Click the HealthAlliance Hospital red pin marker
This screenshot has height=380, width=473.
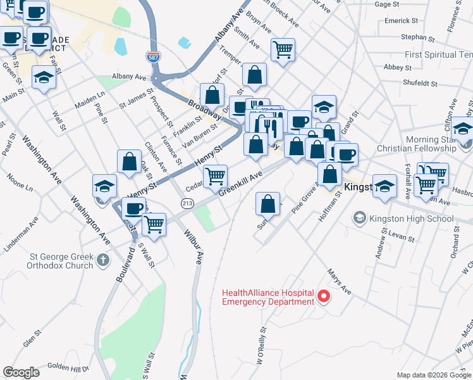(324, 296)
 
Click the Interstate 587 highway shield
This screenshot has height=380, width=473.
(152, 56)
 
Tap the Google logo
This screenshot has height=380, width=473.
(21, 372)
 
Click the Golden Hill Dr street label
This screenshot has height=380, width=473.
(68, 367)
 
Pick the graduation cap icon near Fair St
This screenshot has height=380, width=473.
(43, 78)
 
